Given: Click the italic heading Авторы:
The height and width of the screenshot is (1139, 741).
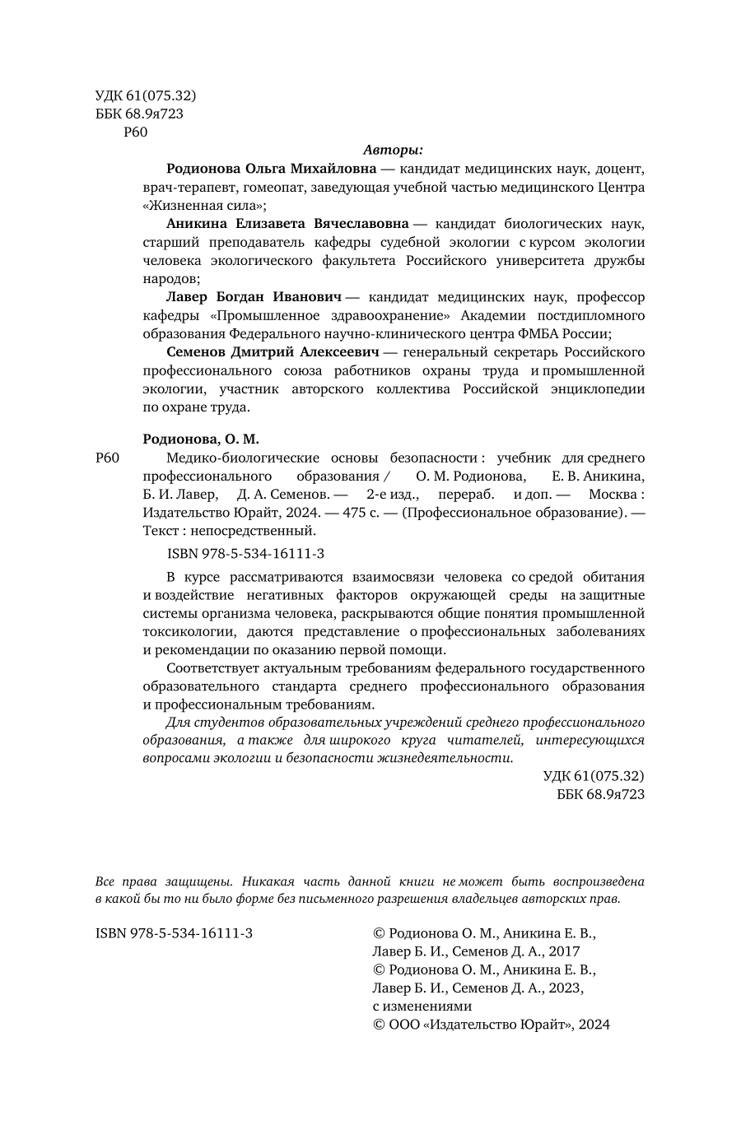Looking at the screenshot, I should click(x=393, y=150).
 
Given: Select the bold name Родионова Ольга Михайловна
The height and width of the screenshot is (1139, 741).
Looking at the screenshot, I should click(x=271, y=169).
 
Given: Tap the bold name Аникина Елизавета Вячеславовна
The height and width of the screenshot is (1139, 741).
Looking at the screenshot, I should click(x=287, y=223).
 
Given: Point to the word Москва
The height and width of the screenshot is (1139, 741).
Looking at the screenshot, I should click(x=612, y=494).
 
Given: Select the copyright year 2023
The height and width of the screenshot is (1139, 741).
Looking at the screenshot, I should click(x=565, y=988).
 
